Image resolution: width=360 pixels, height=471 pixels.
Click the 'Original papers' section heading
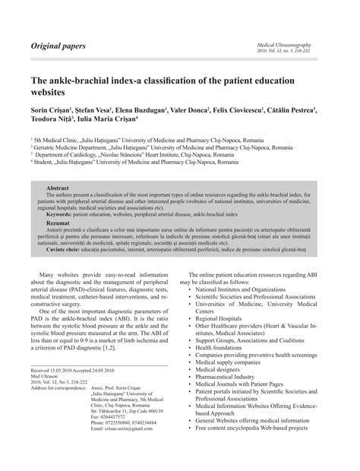pyautogui.click(x=58, y=46)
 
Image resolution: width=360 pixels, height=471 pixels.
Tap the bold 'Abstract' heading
pyautogui.click(x=58, y=187)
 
